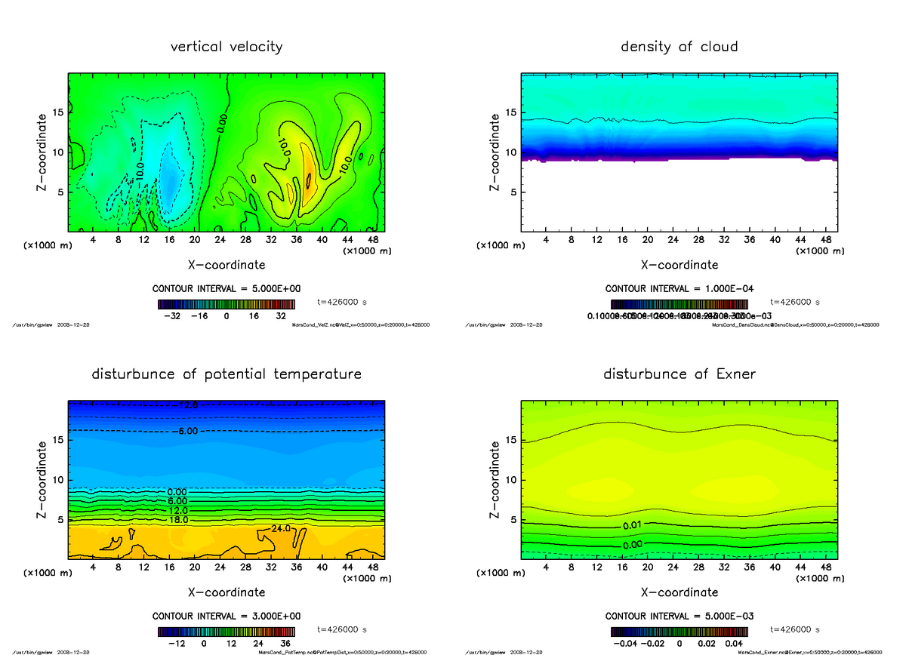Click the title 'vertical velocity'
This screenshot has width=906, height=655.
226,47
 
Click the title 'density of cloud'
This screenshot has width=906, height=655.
679,47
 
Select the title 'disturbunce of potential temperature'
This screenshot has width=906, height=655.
226,374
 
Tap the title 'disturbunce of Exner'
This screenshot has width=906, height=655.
679,374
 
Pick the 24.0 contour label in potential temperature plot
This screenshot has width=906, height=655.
281,528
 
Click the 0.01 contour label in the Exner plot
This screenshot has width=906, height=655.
634,525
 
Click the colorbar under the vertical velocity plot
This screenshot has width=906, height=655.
226,303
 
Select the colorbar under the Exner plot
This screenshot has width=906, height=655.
679,631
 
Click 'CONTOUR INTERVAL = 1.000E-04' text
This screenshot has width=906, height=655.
679,289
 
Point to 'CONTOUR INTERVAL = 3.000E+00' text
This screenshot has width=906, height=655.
226,617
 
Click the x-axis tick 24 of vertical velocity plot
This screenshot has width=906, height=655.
220,240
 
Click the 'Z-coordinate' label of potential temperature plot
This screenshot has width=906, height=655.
42,480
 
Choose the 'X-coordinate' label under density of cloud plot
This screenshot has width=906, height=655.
679,265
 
